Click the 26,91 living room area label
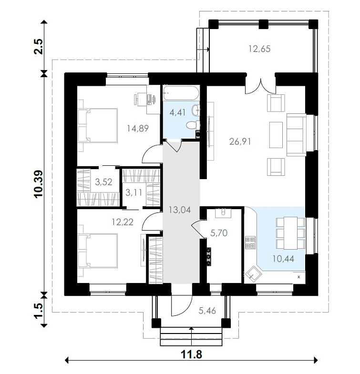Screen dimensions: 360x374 240,142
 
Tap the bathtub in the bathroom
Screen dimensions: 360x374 181,93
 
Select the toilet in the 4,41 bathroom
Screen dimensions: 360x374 193,125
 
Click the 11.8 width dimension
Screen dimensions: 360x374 192,354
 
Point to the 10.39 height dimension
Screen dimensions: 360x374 39,183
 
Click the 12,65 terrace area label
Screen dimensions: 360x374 259,49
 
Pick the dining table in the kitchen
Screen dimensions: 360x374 290,233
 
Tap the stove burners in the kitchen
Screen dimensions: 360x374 250,243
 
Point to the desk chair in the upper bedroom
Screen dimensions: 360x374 137,99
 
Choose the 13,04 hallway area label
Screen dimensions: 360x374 180,210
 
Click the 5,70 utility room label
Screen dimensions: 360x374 219,233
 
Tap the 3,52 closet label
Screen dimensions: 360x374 103,182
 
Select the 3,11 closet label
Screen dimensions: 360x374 134,192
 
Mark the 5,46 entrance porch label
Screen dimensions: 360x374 207,311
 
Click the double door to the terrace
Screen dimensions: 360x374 261,86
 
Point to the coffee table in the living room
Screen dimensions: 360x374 276,135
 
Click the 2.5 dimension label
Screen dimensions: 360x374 39,46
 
